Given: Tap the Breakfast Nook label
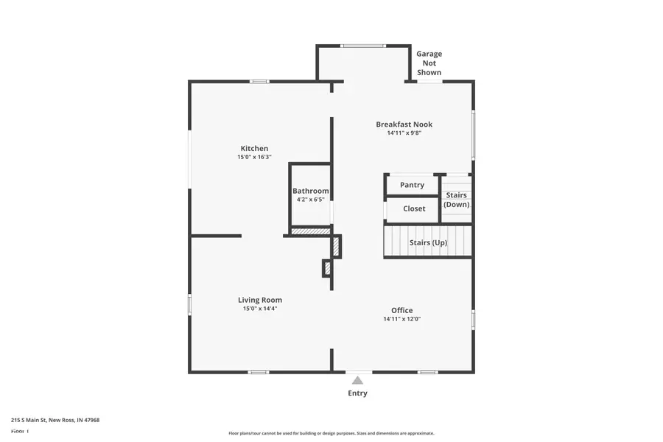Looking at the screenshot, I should click(404, 124).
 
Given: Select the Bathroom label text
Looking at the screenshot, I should click(310, 191).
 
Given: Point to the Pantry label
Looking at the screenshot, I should click(412, 185).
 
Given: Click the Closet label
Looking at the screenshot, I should click(414, 208).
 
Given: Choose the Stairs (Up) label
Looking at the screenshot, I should click(428, 242).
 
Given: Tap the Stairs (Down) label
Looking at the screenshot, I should click(456, 200).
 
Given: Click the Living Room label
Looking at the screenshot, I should click(259, 300).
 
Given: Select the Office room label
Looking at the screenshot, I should click(401, 310).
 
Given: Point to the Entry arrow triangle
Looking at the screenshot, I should click(357, 380).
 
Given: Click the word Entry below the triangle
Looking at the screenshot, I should click(357, 393).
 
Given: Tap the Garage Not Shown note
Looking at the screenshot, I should click(429, 63).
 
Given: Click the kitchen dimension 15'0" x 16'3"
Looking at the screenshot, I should click(254, 157).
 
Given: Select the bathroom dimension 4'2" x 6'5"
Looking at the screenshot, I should click(310, 200).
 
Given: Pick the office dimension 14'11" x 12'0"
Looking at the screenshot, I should click(401, 319).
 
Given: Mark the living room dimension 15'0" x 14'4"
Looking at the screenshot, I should click(259, 309).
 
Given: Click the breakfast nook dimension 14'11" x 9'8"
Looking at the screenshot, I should click(404, 133).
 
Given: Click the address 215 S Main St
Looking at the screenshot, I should click(55, 420).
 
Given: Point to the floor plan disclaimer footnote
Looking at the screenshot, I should click(331, 433).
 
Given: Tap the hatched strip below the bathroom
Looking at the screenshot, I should click(309, 231).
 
